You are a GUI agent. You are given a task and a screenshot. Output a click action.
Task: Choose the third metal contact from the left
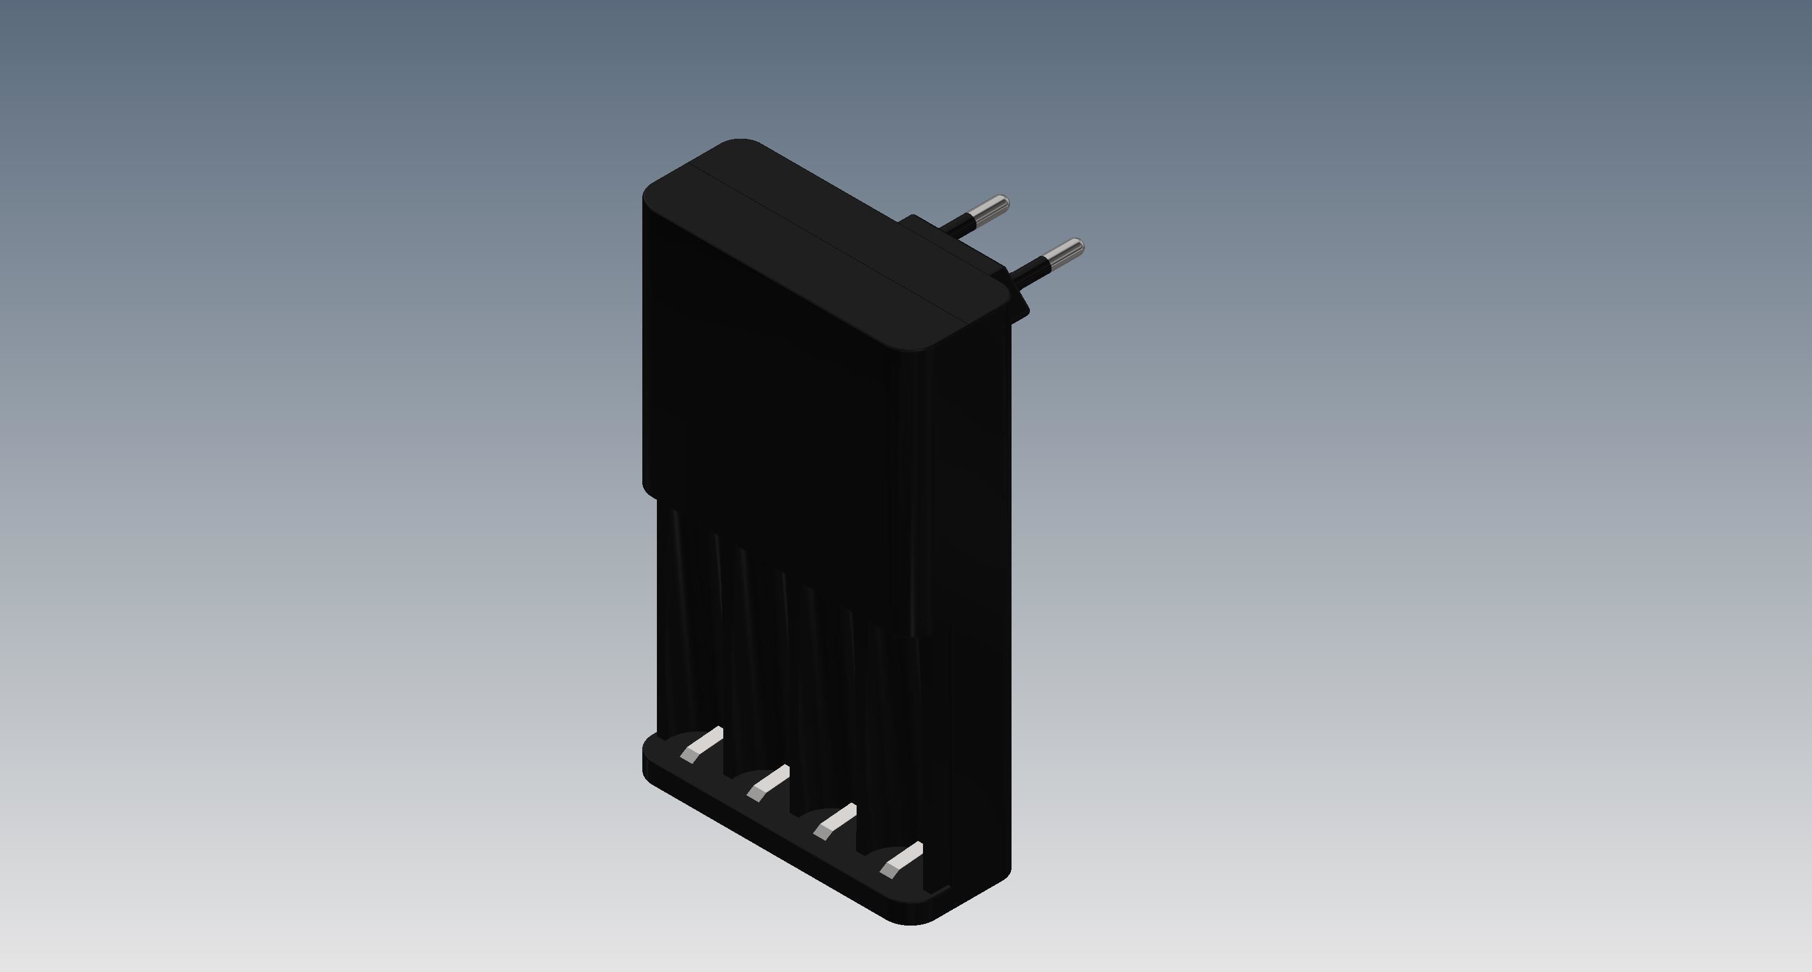click(834, 821)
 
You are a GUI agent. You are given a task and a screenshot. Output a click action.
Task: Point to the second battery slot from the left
click(756, 669)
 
